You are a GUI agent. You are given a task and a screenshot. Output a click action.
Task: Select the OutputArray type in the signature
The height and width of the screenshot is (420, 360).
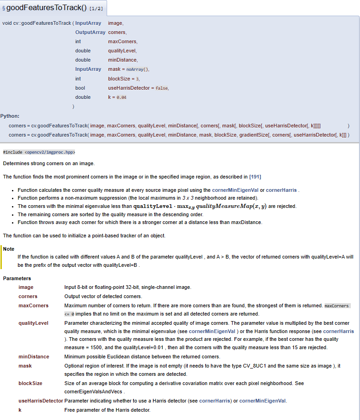coord(90,32)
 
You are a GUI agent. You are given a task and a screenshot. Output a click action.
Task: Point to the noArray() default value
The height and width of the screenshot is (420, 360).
coord(137,69)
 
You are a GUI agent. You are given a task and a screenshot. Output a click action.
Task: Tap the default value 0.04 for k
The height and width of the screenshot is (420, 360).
coord(121,98)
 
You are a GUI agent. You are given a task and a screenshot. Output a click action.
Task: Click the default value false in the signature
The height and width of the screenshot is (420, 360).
coord(162,88)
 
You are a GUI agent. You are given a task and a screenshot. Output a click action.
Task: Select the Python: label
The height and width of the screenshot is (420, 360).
coord(10,116)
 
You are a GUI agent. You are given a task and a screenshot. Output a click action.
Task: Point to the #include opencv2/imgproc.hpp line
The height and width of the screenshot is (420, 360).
coord(39,152)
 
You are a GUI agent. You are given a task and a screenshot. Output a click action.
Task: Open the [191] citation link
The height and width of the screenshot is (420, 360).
coord(255,177)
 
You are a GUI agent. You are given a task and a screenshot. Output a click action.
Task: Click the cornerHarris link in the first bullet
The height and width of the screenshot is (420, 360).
coord(281,190)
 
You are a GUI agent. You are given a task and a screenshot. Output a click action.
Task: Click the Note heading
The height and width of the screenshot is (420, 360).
coord(9,248)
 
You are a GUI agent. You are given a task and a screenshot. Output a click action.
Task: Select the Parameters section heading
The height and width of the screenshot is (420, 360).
coord(17,278)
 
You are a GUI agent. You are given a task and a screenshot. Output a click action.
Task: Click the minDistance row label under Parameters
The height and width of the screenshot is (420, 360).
coord(34,357)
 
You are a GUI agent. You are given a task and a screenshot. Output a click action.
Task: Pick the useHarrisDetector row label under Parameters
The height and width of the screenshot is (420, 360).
coord(40,401)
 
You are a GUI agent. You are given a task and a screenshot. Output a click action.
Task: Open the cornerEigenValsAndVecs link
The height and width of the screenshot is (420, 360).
coord(93,391)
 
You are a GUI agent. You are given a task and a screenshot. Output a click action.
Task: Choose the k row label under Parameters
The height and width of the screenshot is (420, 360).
coord(20,410)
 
